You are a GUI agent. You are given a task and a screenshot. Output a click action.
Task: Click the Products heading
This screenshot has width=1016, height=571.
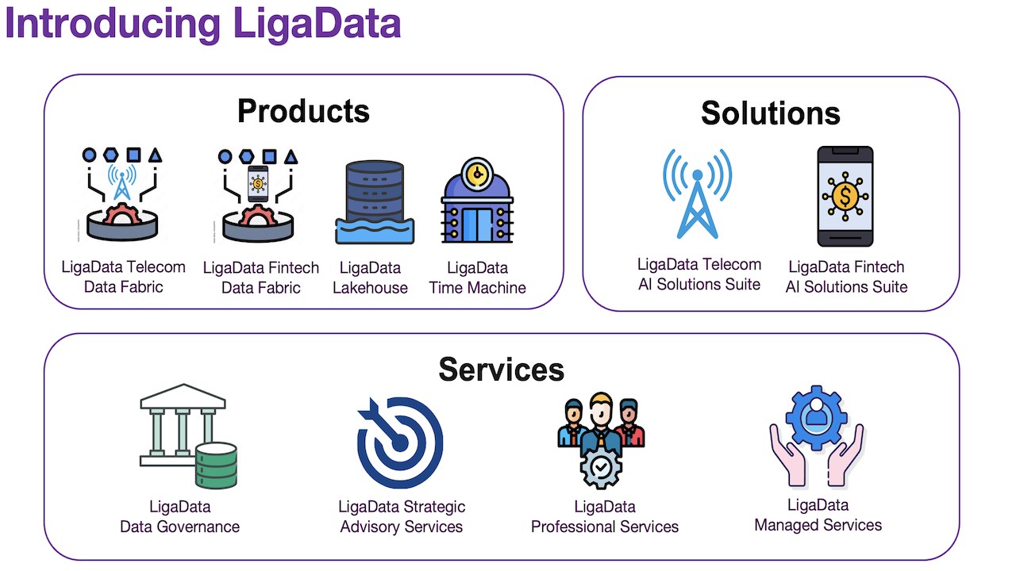pyautogui.click(x=303, y=111)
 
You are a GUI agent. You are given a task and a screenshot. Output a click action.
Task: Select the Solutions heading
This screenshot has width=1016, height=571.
pyautogui.click(x=771, y=113)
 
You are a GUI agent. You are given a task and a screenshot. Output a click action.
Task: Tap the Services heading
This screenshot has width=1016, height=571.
pyautogui.click(x=501, y=370)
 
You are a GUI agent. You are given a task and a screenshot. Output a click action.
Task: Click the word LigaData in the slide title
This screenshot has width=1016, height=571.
pyautogui.click(x=317, y=24)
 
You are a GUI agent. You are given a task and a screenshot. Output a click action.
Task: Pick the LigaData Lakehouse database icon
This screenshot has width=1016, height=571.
pyautogui.click(x=374, y=202)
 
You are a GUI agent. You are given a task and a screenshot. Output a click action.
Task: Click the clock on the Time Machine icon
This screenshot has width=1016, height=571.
pyautogui.click(x=477, y=173)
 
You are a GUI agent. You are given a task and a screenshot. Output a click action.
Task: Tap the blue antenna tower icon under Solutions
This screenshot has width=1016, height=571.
pyautogui.click(x=697, y=194)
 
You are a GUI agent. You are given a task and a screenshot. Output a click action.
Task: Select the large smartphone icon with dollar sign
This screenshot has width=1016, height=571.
pyautogui.click(x=845, y=196)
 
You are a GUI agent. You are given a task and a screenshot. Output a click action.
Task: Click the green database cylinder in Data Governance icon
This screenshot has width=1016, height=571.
pyautogui.click(x=216, y=465)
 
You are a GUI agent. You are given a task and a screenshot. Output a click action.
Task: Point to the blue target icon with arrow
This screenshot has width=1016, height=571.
pyautogui.click(x=399, y=442)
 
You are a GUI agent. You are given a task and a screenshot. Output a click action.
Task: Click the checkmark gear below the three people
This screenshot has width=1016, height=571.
pyautogui.click(x=601, y=468)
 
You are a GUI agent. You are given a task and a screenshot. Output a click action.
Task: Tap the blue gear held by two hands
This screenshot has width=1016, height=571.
pyautogui.click(x=817, y=417)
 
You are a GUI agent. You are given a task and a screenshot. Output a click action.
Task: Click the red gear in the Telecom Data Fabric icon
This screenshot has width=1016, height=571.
pyautogui.click(x=121, y=214)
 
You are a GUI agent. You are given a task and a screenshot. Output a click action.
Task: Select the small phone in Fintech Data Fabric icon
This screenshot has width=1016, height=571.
pyautogui.click(x=258, y=184)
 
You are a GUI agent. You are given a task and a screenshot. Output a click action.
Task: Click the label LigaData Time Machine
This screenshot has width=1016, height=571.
pyautogui.click(x=477, y=278)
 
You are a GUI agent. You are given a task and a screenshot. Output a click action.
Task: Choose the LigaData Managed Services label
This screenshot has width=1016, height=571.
pyautogui.click(x=818, y=515)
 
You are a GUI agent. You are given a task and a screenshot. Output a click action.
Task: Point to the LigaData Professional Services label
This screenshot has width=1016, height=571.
pyautogui.click(x=605, y=516)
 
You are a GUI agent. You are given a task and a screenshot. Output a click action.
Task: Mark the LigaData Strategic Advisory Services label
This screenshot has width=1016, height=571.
pyautogui.click(x=402, y=516)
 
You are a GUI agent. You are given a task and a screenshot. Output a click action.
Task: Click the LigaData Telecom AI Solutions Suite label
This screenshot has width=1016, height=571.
pyautogui.click(x=699, y=274)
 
